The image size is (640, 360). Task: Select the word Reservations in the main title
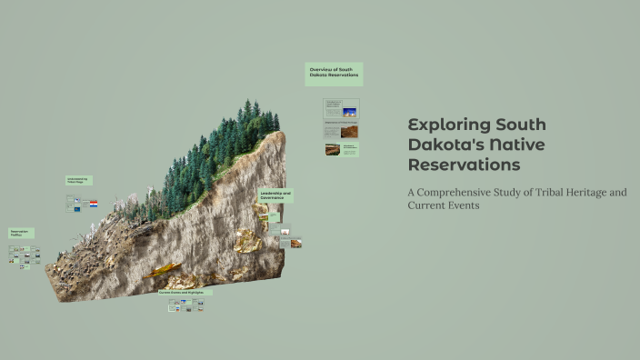click(464, 165)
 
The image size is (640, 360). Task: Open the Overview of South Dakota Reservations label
click(334, 73)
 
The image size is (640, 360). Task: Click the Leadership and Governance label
click(275, 195)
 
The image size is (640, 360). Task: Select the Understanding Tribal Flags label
click(77, 181)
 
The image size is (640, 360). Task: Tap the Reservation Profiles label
click(21, 234)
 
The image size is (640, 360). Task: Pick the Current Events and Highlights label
click(185, 292)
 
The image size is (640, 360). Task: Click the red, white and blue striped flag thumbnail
click(93, 205)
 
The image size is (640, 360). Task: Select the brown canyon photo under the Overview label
click(349, 131)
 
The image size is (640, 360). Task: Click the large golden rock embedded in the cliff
click(246, 240)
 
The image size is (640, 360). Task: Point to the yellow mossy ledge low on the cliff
click(164, 270)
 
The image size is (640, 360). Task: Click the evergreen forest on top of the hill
click(218, 150)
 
